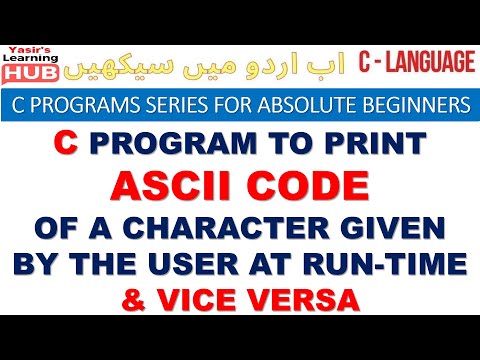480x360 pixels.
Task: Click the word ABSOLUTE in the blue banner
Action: point(306,104)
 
